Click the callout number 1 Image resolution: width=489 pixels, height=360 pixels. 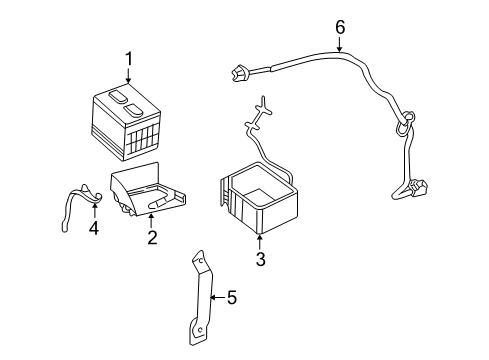128,59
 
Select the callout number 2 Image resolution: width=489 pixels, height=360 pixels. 152,236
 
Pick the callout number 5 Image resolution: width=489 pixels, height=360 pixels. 231,296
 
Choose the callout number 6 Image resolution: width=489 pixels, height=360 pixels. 339,27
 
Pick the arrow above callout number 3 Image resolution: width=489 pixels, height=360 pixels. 259,242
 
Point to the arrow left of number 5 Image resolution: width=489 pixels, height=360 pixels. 216,296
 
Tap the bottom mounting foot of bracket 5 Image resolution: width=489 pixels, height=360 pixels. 201,331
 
